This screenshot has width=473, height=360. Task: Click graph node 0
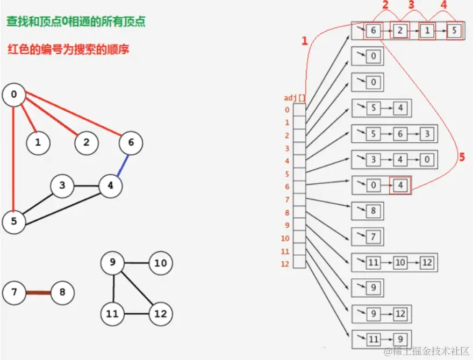pyautogui.click(x=13, y=95)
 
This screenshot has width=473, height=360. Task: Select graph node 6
pyautogui.click(x=131, y=143)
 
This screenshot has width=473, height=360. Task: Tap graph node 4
pyautogui.click(x=110, y=186)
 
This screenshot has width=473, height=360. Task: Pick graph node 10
pyautogui.click(x=161, y=263)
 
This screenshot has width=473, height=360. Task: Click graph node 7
pyautogui.click(x=14, y=293)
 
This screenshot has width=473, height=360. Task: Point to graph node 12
pyautogui.click(x=161, y=313)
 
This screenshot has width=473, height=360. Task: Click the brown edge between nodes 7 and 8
pyautogui.click(x=39, y=293)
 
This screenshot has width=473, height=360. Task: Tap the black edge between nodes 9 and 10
pyautogui.click(x=137, y=263)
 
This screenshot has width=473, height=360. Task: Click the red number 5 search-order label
pyautogui.click(x=461, y=157)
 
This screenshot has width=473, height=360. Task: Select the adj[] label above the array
pyautogui.click(x=293, y=98)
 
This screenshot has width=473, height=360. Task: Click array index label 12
pyautogui.click(x=285, y=264)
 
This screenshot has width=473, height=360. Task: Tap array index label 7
pyautogui.click(x=287, y=200)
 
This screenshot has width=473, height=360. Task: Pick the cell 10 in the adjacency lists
pyautogui.click(x=399, y=263)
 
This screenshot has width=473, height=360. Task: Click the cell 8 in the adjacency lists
pyautogui.click(x=373, y=212)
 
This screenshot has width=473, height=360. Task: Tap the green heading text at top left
pyautogui.click(x=75, y=22)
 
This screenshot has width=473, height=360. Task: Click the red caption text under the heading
pyautogui.click(x=68, y=49)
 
